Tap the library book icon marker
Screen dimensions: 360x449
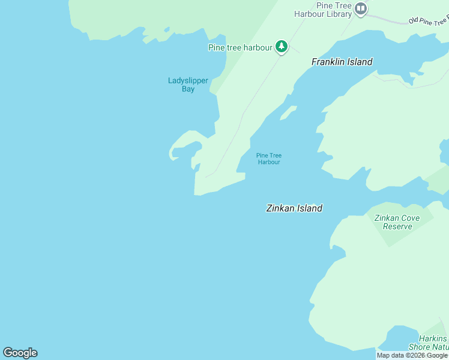(x=360, y=9)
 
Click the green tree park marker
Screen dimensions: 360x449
(x=282, y=46)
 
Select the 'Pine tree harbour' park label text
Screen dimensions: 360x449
(x=240, y=47)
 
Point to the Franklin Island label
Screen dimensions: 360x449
(x=342, y=62)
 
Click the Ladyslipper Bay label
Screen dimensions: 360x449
(x=188, y=85)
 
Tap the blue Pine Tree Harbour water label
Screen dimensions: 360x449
(x=268, y=158)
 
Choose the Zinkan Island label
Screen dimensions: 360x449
(x=294, y=208)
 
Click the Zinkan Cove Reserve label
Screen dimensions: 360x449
(x=397, y=222)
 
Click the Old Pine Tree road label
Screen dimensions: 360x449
(x=428, y=20)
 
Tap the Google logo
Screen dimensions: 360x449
(x=20, y=353)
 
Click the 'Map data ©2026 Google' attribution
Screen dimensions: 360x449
(x=412, y=355)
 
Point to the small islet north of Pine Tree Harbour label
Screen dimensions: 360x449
(x=289, y=112)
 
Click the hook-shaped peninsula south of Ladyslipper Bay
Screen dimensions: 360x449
(x=184, y=145)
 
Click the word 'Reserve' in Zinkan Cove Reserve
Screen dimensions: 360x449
(x=397, y=226)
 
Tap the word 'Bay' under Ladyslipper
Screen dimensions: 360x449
(x=188, y=89)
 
